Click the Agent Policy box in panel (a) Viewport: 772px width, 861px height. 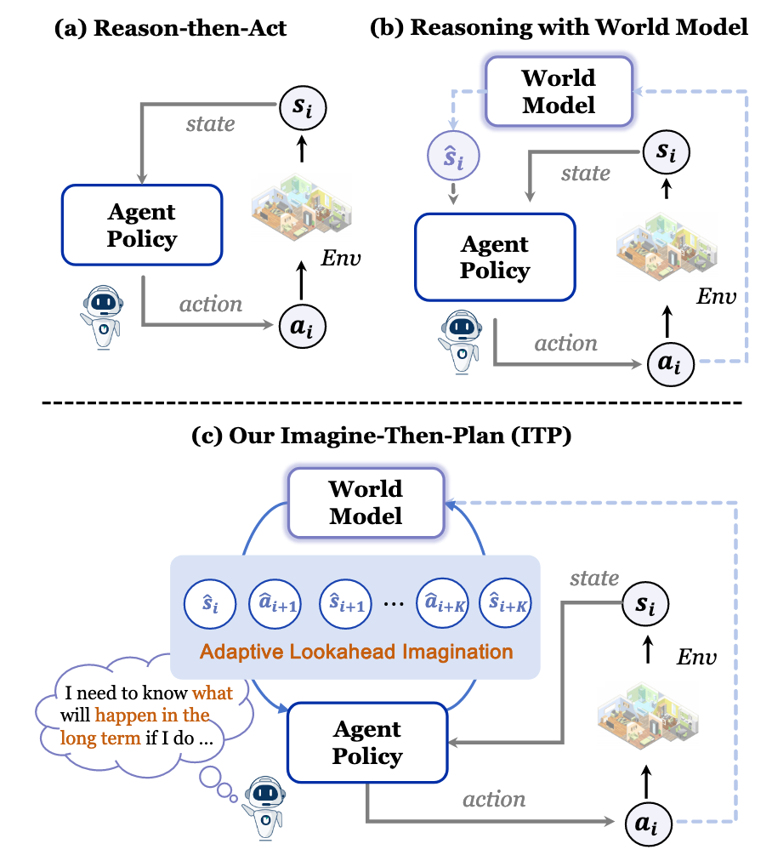pyautogui.click(x=142, y=225)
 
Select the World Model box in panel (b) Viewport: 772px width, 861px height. pyautogui.click(x=559, y=90)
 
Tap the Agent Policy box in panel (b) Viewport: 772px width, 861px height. pyautogui.click(x=495, y=258)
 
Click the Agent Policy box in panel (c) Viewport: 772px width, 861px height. pyautogui.click(x=368, y=743)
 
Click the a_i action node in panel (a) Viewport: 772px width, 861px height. pyautogui.click(x=303, y=324)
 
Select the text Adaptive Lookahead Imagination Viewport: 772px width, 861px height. pyautogui.click(x=356, y=653)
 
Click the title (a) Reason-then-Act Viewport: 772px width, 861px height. pyautogui.click(x=170, y=29)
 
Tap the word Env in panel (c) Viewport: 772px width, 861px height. pyautogui.click(x=696, y=658)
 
